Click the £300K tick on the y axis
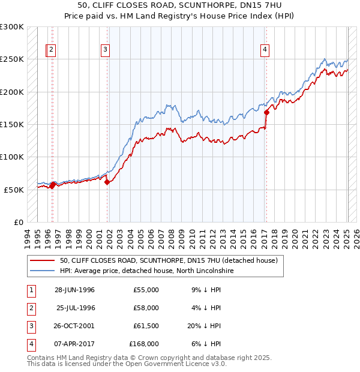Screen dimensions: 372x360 12,27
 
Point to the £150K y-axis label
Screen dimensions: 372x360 12,124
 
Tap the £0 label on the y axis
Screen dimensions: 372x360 19,222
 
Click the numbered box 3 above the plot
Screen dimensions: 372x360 105,50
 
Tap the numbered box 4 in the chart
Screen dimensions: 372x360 265,50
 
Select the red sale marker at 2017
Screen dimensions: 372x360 266,112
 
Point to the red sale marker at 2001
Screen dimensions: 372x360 107,182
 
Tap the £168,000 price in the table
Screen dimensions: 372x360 144,344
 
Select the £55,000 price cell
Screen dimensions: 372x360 146,290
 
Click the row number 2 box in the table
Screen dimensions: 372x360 29,308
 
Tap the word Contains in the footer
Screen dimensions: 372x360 41,358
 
